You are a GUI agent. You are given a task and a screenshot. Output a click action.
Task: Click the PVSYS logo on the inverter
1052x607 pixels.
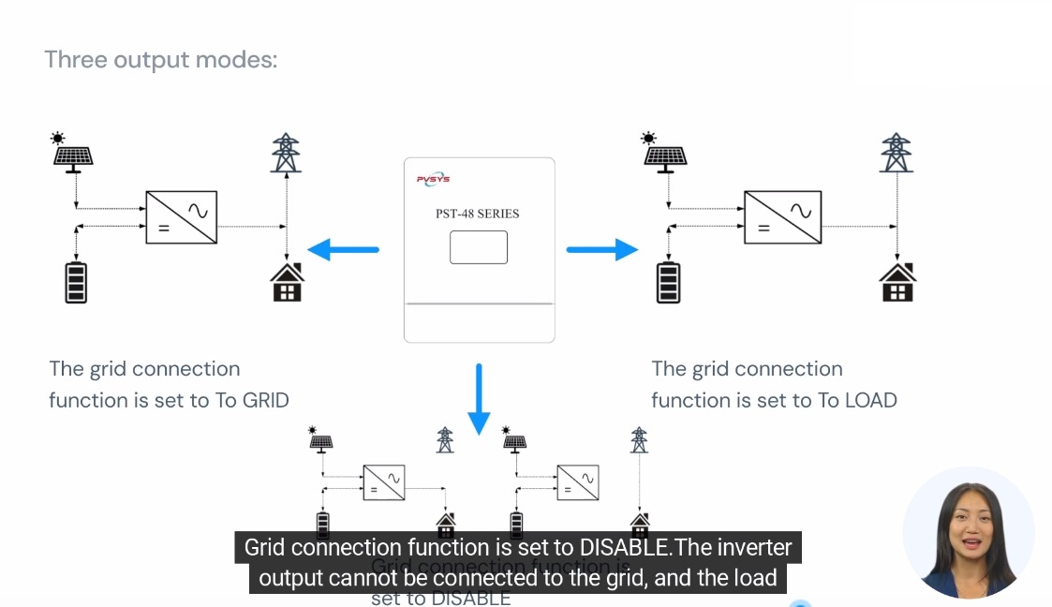click(433, 179)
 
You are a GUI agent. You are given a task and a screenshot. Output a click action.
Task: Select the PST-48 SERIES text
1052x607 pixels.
click(478, 214)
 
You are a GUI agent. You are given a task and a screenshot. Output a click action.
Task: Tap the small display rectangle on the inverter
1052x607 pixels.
click(478, 247)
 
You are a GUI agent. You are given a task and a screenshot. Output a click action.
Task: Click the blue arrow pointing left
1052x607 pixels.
click(343, 249)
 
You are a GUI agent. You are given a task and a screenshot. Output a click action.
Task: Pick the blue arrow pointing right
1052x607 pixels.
click(601, 249)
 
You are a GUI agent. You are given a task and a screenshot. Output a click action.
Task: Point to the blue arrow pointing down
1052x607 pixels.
click(479, 399)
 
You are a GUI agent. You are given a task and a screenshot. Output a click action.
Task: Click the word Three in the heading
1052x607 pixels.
click(76, 60)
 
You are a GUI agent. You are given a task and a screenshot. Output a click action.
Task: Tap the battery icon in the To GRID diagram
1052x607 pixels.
click(76, 282)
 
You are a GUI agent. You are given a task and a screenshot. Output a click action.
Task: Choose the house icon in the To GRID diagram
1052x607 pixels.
click(287, 282)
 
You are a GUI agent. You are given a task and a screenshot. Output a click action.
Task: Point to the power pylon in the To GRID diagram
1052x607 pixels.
click(286, 154)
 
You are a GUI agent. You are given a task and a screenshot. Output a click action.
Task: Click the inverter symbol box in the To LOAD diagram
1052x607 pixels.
click(782, 217)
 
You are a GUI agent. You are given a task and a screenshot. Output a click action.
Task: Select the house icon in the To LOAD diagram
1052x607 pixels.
click(896, 282)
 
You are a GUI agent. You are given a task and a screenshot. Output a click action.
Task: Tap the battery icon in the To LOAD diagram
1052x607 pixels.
click(668, 282)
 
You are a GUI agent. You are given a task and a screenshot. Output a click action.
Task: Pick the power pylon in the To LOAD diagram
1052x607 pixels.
click(896, 154)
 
